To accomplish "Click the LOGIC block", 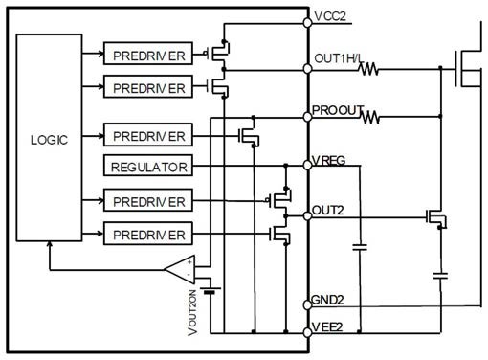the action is (x=49, y=138).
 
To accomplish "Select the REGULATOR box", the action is (x=148, y=166).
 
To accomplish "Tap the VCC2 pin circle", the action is (x=307, y=23).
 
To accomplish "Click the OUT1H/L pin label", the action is (x=338, y=58).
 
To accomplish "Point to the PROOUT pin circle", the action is (x=307, y=117).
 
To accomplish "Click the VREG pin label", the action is (x=328, y=160).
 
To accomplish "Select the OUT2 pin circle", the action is (x=307, y=216).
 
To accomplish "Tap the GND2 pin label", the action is (x=327, y=300).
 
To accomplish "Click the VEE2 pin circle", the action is (x=307, y=332).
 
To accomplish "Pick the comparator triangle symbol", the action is (x=180, y=270).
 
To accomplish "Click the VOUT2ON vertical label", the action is (x=192, y=313).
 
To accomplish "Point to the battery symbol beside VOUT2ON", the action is (x=210, y=290).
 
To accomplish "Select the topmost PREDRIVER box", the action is (x=148, y=54).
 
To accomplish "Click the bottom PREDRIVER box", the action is (x=148, y=234).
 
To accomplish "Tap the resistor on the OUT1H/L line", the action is (x=368, y=69).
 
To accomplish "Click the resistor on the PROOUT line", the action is (x=370, y=117).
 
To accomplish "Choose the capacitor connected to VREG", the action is (x=360, y=247).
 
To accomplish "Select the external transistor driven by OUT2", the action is (x=436, y=218).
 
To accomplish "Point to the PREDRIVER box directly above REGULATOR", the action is (x=148, y=135).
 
